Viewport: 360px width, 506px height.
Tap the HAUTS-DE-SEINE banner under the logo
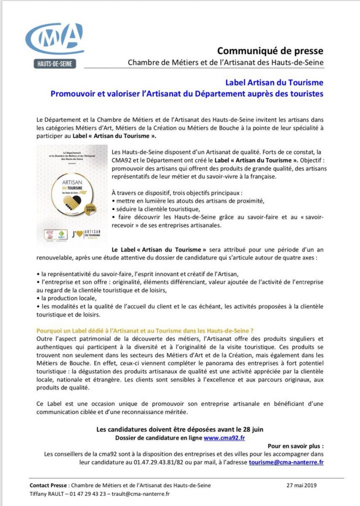(x=54, y=64)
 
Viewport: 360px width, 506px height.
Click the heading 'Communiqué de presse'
(x=270, y=50)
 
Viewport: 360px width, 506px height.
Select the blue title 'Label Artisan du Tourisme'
(x=274, y=82)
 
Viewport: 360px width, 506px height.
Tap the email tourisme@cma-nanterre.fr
(x=286, y=462)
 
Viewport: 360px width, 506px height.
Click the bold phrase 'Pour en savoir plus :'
(x=295, y=445)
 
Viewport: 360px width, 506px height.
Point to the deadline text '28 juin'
(x=252, y=429)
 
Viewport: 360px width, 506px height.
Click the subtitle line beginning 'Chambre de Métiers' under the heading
(x=225, y=62)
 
